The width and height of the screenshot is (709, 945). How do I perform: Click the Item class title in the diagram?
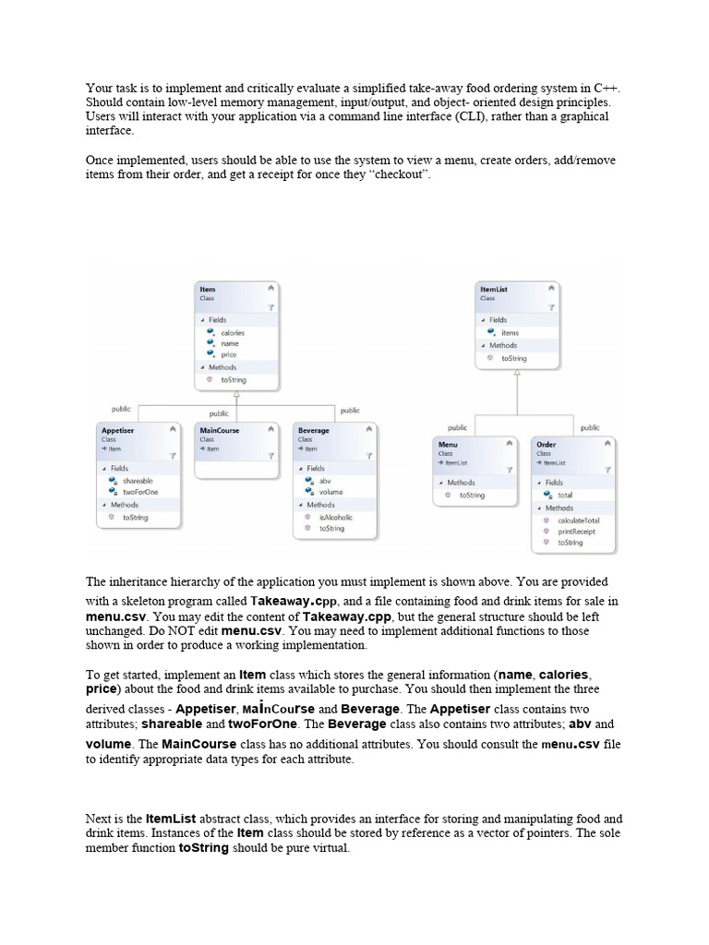click(x=208, y=290)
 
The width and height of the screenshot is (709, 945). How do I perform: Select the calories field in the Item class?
click(x=232, y=332)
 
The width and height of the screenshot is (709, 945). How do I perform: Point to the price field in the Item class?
click(x=229, y=354)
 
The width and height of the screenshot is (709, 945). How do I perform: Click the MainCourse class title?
click(x=219, y=430)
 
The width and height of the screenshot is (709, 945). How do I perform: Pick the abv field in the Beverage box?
click(x=324, y=481)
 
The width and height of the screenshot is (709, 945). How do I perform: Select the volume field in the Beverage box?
click(x=330, y=493)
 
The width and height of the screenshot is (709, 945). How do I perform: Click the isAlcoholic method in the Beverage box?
click(x=335, y=517)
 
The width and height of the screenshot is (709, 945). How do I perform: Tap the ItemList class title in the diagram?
click(x=494, y=290)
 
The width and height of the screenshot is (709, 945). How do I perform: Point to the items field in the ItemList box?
click(x=510, y=332)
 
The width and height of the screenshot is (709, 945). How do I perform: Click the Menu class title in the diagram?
click(x=448, y=444)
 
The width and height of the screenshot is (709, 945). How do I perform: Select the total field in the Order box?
click(x=565, y=496)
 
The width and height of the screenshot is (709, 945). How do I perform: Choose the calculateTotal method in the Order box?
click(x=578, y=520)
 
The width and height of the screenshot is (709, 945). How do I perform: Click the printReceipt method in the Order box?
click(x=576, y=532)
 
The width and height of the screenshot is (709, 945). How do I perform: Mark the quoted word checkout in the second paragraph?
click(x=401, y=175)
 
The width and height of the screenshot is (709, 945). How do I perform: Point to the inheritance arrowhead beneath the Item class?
click(x=237, y=394)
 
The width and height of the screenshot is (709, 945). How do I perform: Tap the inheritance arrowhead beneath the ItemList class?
click(x=517, y=372)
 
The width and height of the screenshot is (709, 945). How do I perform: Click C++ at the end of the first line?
click(x=609, y=88)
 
